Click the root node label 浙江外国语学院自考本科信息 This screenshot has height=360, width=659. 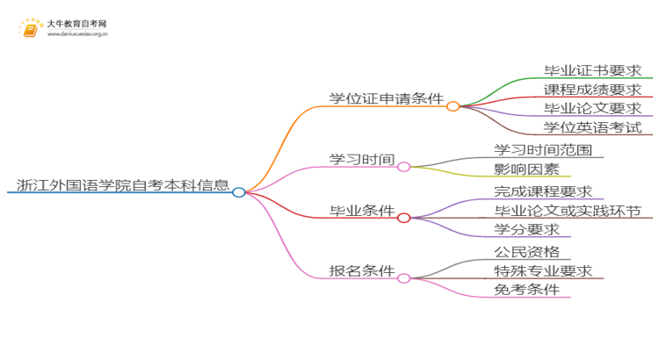pos(123,185)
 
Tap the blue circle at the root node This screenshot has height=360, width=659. pos(239,191)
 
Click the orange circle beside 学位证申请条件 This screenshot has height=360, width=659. pos(453,106)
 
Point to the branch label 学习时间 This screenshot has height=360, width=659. pos(358,158)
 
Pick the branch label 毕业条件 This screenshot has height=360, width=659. pos(361,211)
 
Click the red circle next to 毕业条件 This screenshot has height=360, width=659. pos(404,218)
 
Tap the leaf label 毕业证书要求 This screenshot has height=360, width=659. pos(592,69)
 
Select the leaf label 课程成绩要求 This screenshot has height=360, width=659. pos(592,89)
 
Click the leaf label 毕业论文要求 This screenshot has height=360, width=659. pos(592,108)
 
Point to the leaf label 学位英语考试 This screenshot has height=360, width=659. pos(592,127)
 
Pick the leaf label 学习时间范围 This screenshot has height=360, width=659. pos(548,149)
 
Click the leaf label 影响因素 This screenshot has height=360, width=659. pos(526,169)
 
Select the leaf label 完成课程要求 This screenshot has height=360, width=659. pos(543,191)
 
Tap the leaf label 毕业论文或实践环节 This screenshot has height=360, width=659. pos(568,211)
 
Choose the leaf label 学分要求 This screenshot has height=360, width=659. pos(526,230)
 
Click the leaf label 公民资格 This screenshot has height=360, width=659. pos(526,251)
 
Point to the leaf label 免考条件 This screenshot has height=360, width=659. pos(526,290)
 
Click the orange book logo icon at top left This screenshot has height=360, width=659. pos(30,29)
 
